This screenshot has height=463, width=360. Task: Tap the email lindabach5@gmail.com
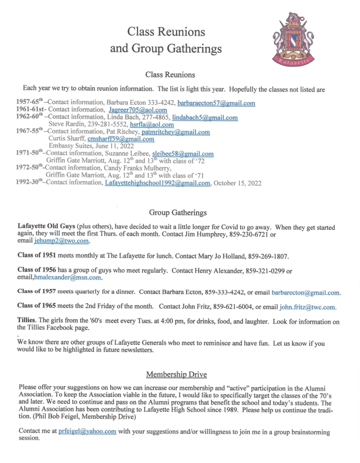tap(205, 118)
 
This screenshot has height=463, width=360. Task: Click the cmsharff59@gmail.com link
tap(116, 139)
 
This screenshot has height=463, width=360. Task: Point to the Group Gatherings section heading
tap(179, 213)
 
